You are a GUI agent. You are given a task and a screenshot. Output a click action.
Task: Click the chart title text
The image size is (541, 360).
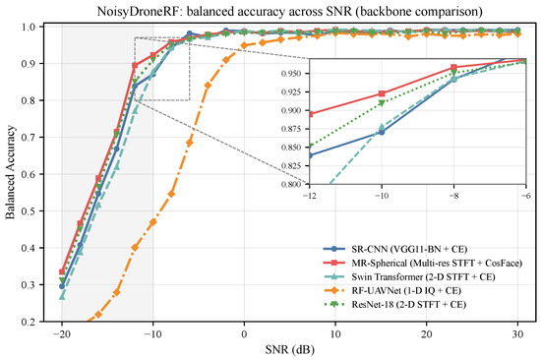coord(289,11)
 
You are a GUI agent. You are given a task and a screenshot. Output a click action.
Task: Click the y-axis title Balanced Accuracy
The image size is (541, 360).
coord(11,172)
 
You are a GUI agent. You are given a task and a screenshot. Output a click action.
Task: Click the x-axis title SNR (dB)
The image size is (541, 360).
coord(290,349)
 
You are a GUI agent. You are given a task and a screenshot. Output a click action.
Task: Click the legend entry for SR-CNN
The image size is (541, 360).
coord(395,249)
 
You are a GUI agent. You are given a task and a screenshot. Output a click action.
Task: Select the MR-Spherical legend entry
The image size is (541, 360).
coord(423,263)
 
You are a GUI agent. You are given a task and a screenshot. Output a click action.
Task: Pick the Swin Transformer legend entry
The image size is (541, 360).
coord(409,276)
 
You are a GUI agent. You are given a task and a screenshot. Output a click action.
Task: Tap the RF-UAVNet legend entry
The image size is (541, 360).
coord(392,290)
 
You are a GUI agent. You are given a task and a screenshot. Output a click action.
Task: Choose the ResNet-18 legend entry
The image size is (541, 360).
coord(394,305)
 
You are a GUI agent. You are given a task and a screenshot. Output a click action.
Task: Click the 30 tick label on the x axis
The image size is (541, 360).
coord(517,334)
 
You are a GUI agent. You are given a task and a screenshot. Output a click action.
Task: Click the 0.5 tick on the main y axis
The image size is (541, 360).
coord(30,210)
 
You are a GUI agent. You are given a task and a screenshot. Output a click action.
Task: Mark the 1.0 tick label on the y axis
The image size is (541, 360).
coord(30,27)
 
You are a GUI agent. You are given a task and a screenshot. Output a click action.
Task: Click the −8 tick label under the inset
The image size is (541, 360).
coord(453,196)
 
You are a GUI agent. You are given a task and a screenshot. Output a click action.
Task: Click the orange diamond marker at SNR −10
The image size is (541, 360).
coord(152,221)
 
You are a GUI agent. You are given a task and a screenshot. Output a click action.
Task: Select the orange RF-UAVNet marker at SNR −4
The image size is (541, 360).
coord(208,86)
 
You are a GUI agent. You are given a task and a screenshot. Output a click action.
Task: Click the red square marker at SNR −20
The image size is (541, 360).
coord(62,272)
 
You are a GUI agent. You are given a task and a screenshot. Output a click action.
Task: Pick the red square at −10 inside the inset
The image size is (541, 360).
coord(382,93)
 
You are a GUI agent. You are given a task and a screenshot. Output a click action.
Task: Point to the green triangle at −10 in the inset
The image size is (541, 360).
coord(382,102)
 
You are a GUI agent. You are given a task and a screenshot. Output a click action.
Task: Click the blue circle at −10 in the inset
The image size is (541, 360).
coord(382,132)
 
